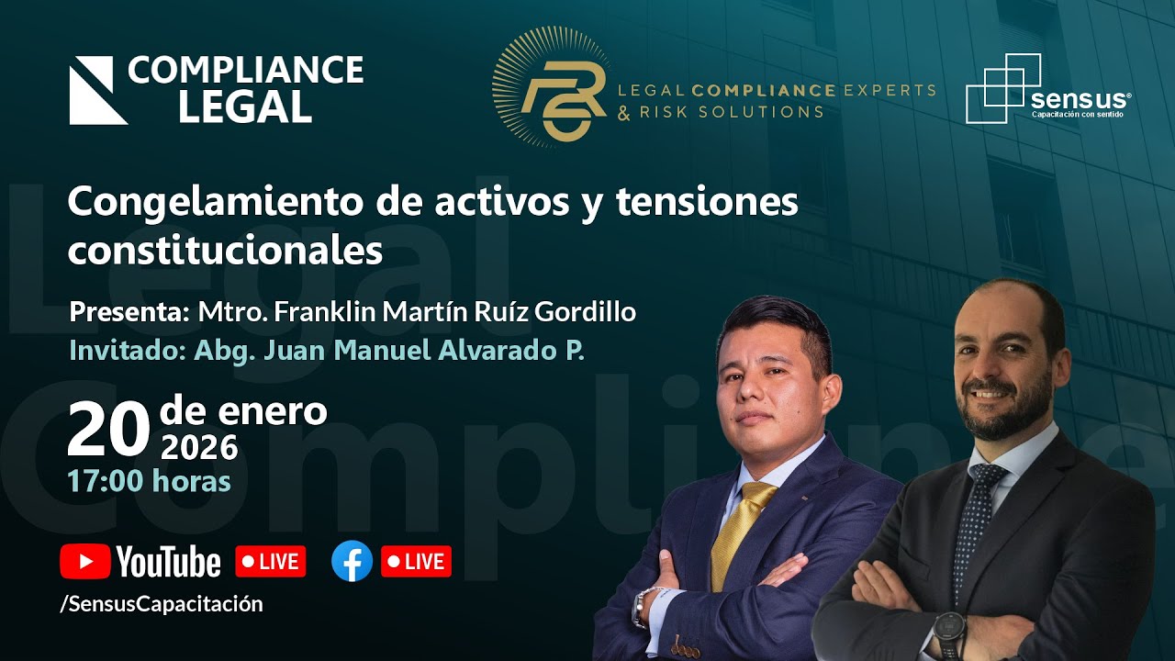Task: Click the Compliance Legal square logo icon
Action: [98, 90]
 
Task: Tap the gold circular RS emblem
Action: [551, 86]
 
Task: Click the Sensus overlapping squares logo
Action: [1002, 88]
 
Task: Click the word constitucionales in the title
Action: [225, 250]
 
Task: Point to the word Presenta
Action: [129, 312]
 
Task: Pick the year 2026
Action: [199, 447]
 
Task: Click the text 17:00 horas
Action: [149, 480]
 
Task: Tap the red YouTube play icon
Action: [84, 562]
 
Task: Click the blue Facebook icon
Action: [352, 561]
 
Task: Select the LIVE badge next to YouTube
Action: [271, 562]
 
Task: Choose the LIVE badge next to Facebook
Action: [416, 562]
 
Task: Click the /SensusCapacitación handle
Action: [162, 603]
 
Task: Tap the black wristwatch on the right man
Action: [949, 632]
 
